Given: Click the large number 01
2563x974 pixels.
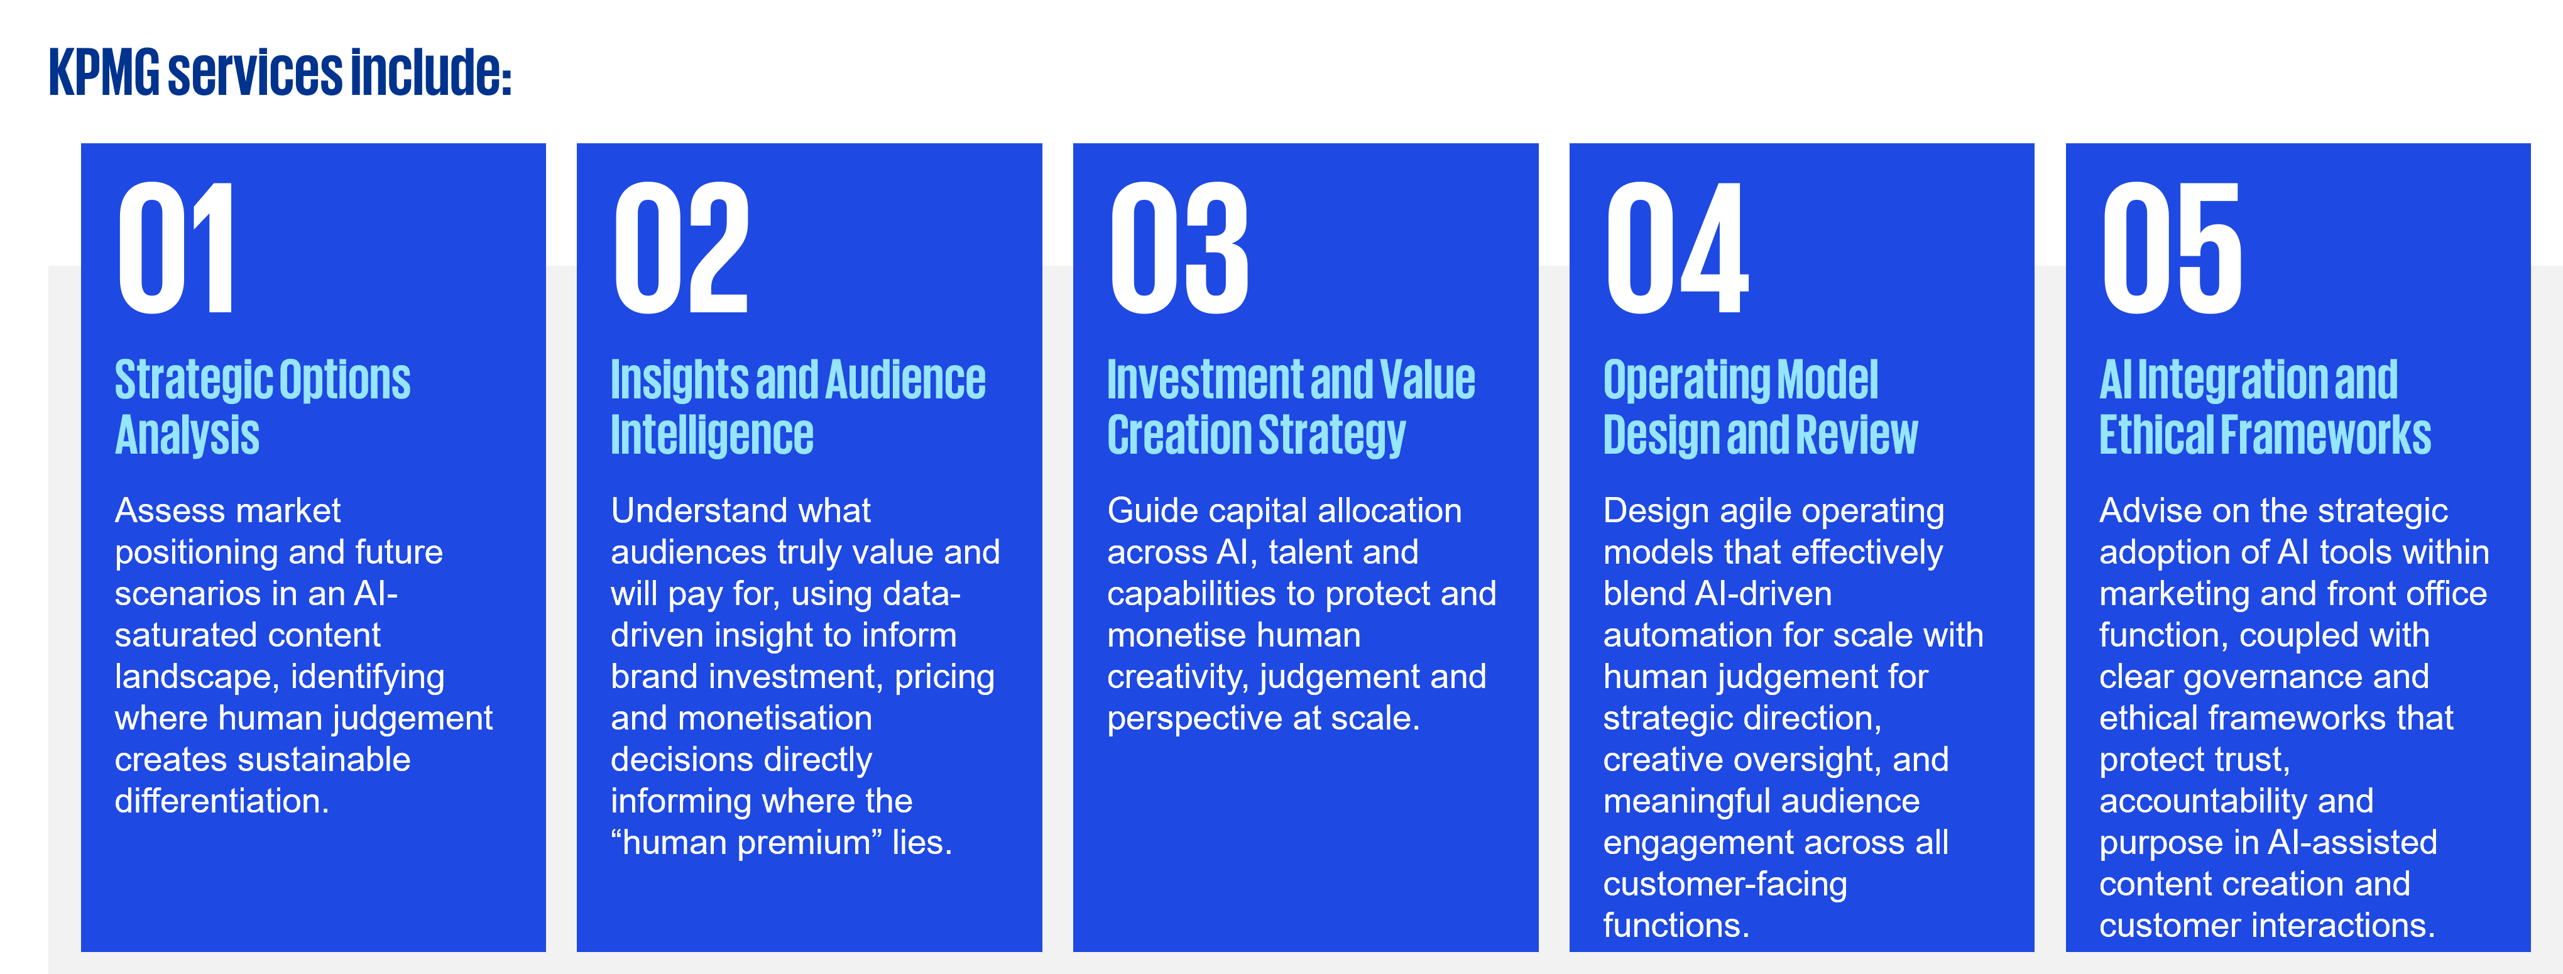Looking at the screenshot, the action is [176, 248].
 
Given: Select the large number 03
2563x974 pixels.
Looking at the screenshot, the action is [1179, 248].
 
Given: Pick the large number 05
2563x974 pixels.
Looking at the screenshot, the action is [2172, 248].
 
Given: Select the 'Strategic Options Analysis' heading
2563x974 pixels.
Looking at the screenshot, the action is [263, 407].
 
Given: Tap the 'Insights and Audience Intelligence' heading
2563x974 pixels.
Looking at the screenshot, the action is [798, 407].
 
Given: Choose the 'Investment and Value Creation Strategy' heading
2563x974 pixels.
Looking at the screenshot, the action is [1291, 407].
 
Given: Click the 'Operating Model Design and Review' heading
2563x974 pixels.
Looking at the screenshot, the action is [1760, 407].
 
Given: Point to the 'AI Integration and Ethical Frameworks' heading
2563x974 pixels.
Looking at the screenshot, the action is [2265, 407].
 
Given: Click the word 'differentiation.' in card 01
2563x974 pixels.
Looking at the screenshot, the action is [222, 801].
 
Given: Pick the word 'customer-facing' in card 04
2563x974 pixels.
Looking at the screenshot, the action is [1725, 885].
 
